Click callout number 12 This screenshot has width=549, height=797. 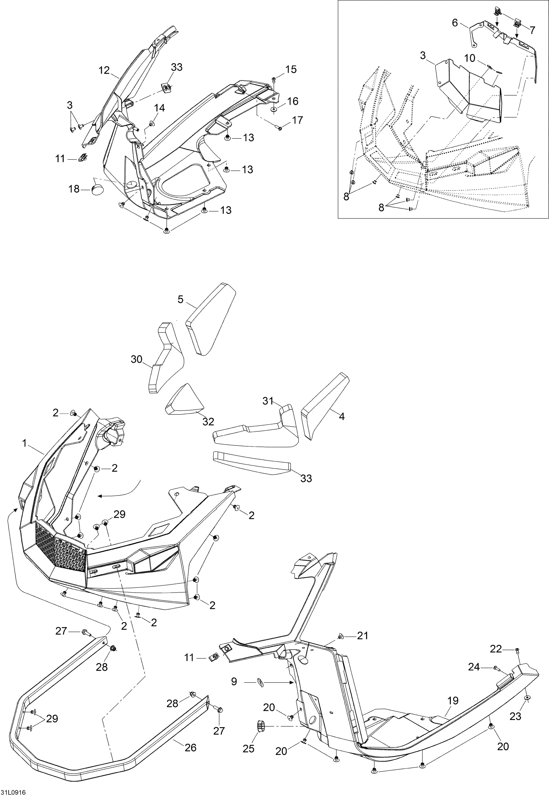[104, 70]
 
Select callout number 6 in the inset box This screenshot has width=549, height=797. [455, 23]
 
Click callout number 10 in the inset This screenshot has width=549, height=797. [470, 58]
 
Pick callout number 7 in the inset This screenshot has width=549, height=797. [533, 30]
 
